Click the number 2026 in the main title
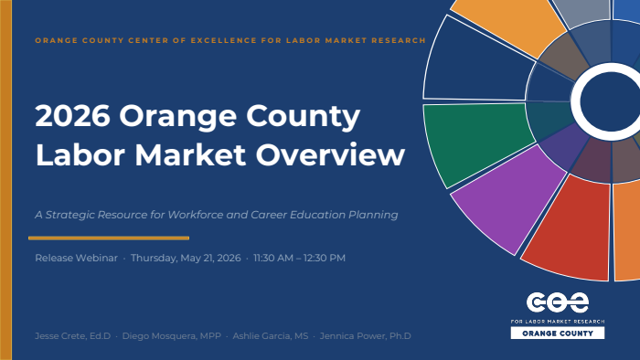pyautogui.click(x=72, y=116)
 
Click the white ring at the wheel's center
pyautogui.click(x=575, y=102)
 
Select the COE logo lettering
pyautogui.click(x=558, y=302)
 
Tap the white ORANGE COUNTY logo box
pyautogui.click(x=558, y=334)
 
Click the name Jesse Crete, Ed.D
pyautogui.click(x=72, y=336)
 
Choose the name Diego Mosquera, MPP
pyautogui.click(x=172, y=336)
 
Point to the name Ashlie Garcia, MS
pyautogui.click(x=271, y=336)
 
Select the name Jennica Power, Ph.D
pyautogui.click(x=366, y=336)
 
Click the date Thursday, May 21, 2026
pyautogui.click(x=186, y=258)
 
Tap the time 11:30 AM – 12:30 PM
pyautogui.click(x=299, y=258)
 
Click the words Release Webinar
pyautogui.click(x=76, y=258)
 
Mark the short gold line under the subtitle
pyautogui.click(x=109, y=238)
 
